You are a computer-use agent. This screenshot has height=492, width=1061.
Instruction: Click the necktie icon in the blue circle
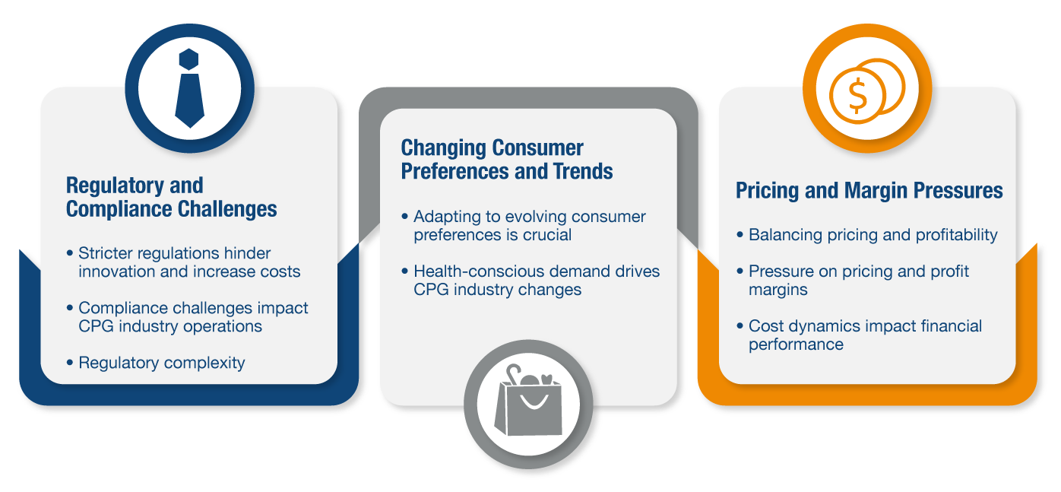tap(189, 89)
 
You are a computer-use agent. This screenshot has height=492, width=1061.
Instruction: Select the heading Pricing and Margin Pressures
tap(869, 189)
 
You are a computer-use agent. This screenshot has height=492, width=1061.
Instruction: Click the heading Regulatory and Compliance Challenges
tap(171, 197)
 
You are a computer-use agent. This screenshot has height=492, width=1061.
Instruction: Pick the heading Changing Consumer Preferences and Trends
tap(507, 160)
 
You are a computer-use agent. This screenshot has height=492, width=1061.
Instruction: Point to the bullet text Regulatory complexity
tap(162, 363)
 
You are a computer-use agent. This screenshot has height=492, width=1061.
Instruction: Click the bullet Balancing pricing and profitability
tap(873, 235)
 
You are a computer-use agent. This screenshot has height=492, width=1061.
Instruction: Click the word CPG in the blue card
tap(96, 326)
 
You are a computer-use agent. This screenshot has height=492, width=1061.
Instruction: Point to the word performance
tap(796, 344)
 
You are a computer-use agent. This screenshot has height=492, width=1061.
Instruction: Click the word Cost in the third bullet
tap(765, 326)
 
